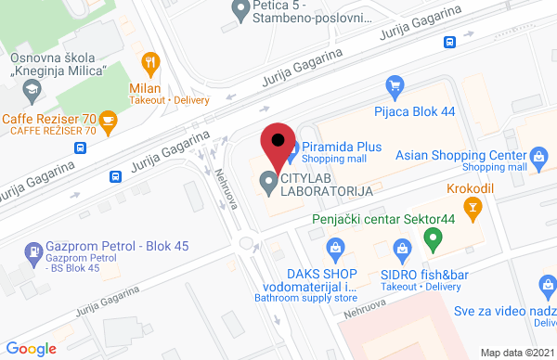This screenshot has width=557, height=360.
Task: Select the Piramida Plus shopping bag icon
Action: click(x=290, y=147)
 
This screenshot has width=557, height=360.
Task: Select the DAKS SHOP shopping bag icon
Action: click(x=336, y=248)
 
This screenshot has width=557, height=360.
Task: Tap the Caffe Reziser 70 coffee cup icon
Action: click(x=109, y=120)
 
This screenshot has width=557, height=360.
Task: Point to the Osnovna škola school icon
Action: click(x=32, y=91)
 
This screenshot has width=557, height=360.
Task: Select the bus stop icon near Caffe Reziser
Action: click(x=116, y=176)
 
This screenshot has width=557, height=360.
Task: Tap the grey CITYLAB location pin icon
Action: click(x=269, y=184)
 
